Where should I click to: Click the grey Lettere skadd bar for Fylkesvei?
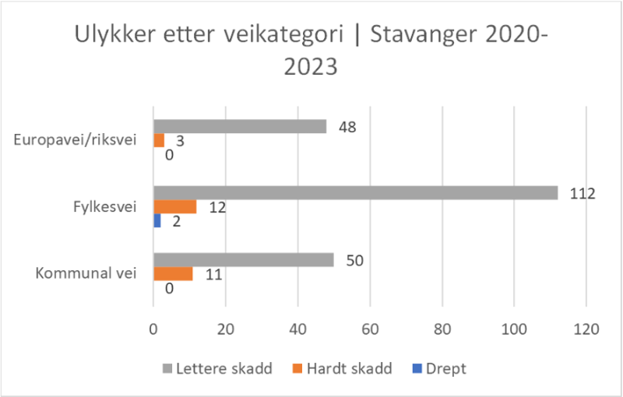click(x=355, y=193)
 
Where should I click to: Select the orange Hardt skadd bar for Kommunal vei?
click(x=173, y=274)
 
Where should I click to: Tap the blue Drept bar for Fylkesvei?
click(x=157, y=220)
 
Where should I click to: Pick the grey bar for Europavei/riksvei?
click(x=240, y=126)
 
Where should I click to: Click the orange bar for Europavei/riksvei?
click(x=159, y=140)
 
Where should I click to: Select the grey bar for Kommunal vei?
click(x=244, y=260)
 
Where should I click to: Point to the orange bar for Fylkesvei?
click(x=175, y=206)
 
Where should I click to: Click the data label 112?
click(x=582, y=193)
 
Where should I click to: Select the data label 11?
click(x=213, y=274)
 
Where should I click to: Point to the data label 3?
click(x=179, y=141)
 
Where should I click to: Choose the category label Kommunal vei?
click(x=86, y=273)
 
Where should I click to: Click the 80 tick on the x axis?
click(x=442, y=329)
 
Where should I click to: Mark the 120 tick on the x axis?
click(x=586, y=329)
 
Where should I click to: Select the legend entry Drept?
click(x=445, y=369)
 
